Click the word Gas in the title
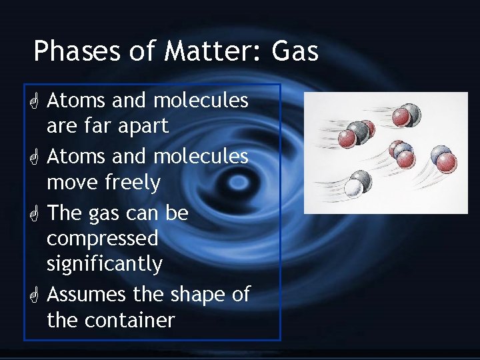pos(293,51)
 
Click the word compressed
pos(102,239)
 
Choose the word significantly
pos(105,264)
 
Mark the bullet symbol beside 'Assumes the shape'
pos(34,295)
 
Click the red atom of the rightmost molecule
pos(447,162)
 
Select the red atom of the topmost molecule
pos(401,118)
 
